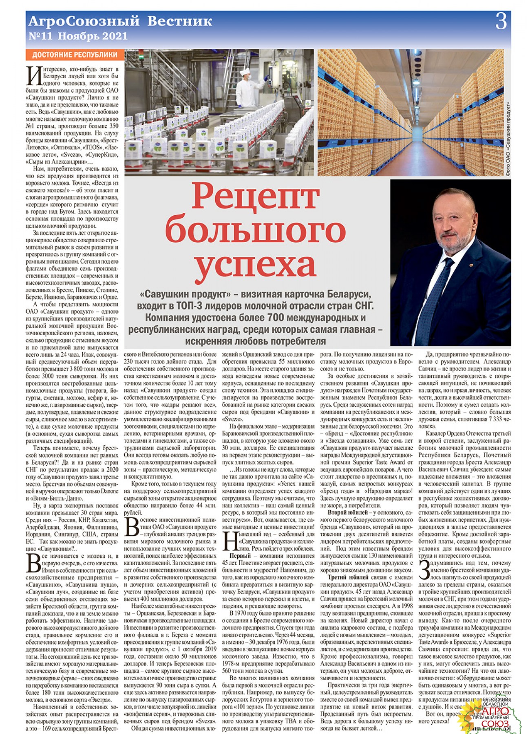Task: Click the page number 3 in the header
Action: [x=501, y=22]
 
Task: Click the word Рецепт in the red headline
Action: [x=256, y=197]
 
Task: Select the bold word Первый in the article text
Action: [x=240, y=555]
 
